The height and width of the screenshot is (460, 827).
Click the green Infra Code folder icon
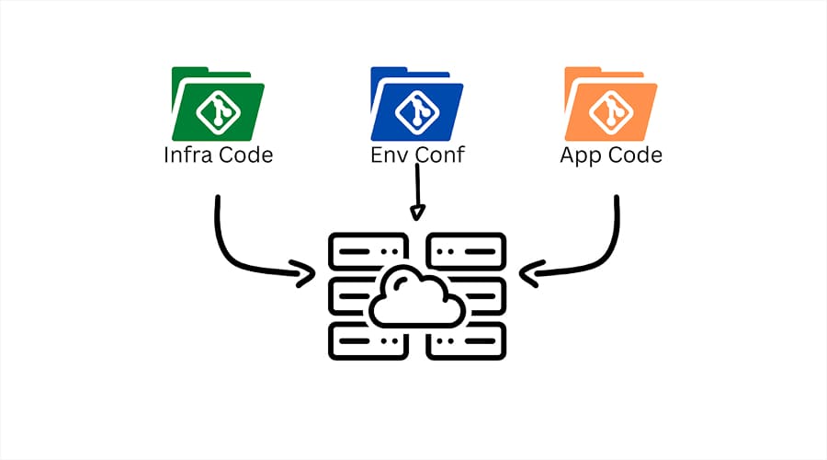click(x=218, y=103)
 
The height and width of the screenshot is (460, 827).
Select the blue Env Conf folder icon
click(x=415, y=103)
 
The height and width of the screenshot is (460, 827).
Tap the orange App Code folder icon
click(x=610, y=103)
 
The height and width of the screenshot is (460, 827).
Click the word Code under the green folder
click(x=245, y=155)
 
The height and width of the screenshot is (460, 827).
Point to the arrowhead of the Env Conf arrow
click(x=417, y=214)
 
